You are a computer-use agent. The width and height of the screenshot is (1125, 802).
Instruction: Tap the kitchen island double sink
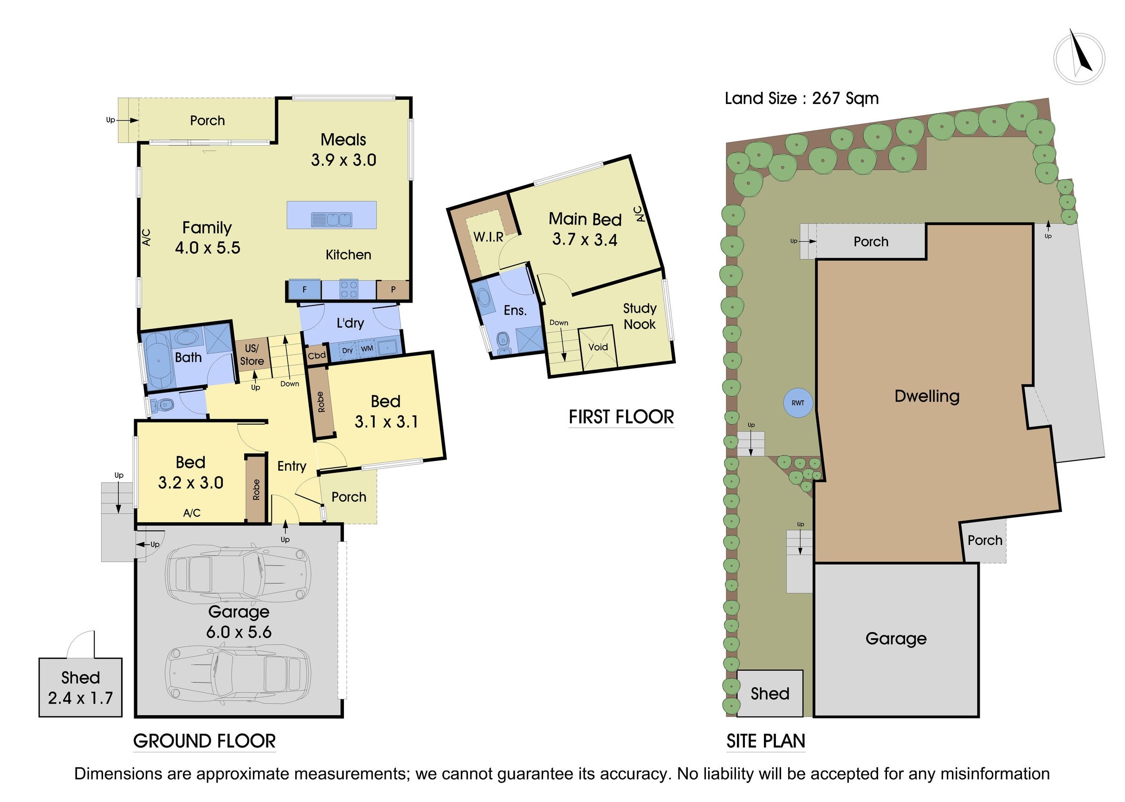[331, 219]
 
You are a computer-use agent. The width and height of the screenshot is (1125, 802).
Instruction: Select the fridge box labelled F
[304, 290]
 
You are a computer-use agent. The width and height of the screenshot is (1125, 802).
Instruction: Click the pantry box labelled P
[393, 290]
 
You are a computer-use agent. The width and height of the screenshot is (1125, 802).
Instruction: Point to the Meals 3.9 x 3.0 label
[343, 149]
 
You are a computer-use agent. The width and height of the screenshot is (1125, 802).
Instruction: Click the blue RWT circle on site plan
[798, 403]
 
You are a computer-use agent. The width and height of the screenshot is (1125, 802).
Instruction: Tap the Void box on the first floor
[598, 347]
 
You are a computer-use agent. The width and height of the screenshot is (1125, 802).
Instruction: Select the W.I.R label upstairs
[488, 237]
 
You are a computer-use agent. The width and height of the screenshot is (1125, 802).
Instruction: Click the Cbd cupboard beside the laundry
[317, 356]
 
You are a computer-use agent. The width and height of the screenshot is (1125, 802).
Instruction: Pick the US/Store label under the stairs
[252, 355]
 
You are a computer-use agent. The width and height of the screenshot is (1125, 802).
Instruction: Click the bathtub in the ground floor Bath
[158, 361]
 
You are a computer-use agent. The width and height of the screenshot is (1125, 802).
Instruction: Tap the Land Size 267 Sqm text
[801, 98]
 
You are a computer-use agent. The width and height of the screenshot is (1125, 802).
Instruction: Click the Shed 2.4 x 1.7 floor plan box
[80, 687]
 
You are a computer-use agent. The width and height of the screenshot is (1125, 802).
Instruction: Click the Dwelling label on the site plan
[926, 396]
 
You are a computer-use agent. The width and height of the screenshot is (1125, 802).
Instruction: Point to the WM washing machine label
[367, 349]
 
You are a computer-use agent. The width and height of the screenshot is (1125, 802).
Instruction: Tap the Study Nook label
[639, 316]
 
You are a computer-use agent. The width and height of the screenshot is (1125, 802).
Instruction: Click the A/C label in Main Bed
[639, 214]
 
